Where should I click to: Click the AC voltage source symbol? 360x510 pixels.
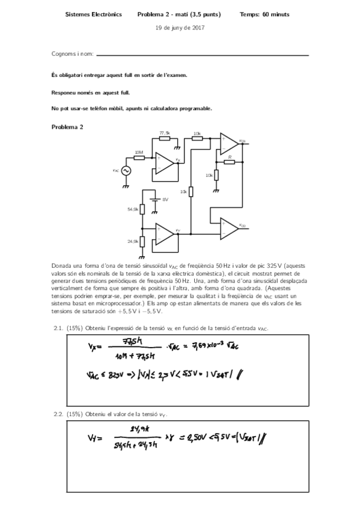(x=126, y=171)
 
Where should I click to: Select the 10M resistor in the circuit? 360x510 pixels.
(x=139, y=158)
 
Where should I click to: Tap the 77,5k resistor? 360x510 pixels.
(x=164, y=137)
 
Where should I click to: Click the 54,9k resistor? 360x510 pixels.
(x=142, y=209)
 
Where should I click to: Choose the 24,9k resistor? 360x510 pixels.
(x=142, y=241)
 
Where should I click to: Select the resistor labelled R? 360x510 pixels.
(x=229, y=161)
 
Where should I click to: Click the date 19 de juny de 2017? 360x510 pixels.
(x=180, y=28)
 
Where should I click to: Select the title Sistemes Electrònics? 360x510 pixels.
(x=93, y=13)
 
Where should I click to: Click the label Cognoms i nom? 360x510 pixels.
(x=73, y=55)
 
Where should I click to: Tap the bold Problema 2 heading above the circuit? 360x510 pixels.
(x=68, y=127)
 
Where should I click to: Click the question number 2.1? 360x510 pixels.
(x=59, y=328)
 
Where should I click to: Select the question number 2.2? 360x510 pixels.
(x=59, y=414)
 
